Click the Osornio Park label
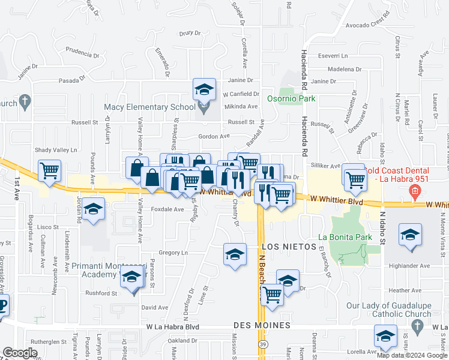click(x=286, y=97)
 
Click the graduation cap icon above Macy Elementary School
click(x=204, y=90)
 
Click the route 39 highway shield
click(x=263, y=344)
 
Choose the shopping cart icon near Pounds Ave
click(x=49, y=170)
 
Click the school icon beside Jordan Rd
click(x=93, y=209)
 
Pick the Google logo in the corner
click(x=20, y=353)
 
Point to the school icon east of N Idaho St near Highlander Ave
click(x=410, y=235)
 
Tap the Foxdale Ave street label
click(x=167, y=209)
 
